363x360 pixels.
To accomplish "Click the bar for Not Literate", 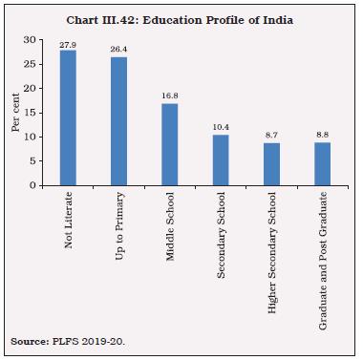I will click(x=68, y=117).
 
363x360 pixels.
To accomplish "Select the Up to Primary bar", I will click(x=118, y=121).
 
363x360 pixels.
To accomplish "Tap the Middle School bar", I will click(x=169, y=144).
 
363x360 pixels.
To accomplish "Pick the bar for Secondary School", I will click(x=220, y=159).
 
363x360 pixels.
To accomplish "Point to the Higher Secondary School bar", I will click(x=270, y=164).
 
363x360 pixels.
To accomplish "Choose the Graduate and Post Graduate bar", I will click(x=321, y=164).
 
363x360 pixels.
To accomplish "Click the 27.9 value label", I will click(x=68, y=44).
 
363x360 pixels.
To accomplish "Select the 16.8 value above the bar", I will click(x=169, y=96).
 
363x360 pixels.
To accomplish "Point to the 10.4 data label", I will click(x=220, y=128).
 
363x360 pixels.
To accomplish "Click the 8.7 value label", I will click(x=270, y=136).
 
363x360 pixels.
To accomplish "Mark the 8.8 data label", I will click(x=321, y=136).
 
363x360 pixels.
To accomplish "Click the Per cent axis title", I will click(x=14, y=113).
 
